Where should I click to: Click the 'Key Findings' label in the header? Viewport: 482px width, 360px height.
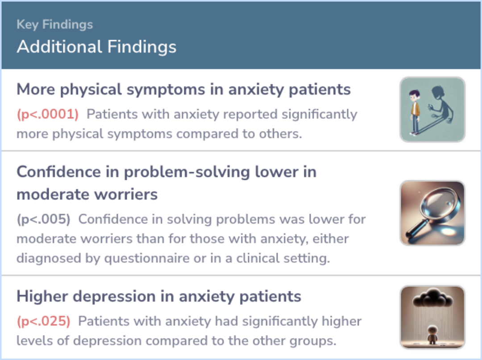click(55, 25)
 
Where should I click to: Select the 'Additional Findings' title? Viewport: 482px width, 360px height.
click(96, 47)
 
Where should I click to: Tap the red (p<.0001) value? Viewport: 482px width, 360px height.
click(48, 114)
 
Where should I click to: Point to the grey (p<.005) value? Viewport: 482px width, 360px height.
click(43, 219)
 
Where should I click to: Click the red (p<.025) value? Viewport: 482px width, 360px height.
click(43, 321)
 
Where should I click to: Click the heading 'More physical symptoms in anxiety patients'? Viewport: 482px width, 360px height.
click(183, 90)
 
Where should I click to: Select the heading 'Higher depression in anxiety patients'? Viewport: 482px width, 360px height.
click(158, 296)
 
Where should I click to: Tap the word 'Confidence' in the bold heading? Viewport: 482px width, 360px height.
click(59, 172)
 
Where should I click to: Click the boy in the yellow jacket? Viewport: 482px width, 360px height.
click(415, 112)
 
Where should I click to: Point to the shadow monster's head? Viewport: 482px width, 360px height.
click(438, 92)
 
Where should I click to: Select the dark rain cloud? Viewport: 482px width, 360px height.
click(433, 298)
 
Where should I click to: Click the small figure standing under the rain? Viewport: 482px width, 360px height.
click(432, 335)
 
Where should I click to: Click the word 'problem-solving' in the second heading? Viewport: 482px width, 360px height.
click(187, 172)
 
